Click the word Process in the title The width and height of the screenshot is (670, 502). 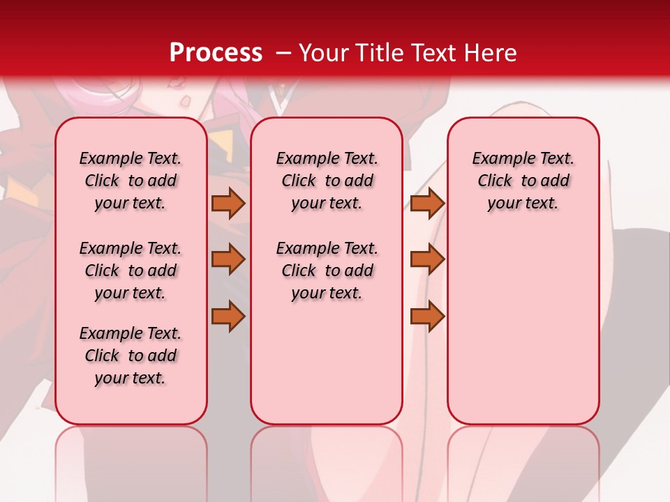216,53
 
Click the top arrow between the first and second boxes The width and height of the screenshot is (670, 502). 228,203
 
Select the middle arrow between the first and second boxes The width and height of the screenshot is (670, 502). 228,259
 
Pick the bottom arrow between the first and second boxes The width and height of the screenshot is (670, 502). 228,316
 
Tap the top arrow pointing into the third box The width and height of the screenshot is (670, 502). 427,203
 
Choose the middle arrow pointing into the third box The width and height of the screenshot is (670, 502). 427,259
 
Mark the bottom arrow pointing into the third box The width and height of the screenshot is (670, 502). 427,316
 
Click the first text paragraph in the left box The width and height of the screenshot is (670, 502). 131,181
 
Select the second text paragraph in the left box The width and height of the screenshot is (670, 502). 131,271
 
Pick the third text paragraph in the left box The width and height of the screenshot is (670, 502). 131,356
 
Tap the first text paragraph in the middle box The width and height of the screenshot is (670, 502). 327,181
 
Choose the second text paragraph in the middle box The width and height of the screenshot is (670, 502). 327,271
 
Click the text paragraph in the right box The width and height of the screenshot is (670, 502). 523,181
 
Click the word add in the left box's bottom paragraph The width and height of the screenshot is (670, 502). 162,356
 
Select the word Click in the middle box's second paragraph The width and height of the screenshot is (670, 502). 299,271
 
